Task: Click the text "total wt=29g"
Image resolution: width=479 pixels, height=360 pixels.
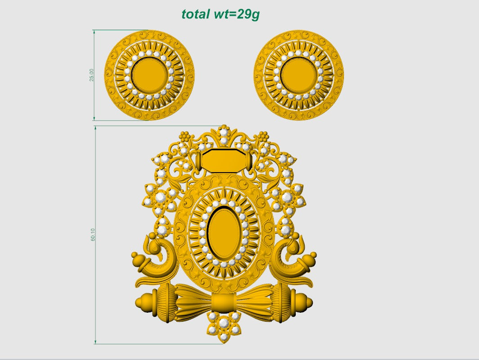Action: (x=221, y=14)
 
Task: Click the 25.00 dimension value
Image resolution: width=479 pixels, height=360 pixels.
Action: (x=92, y=75)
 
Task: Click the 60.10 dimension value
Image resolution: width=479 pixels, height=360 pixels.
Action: (x=93, y=235)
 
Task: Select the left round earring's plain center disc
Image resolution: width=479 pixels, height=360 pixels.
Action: (x=149, y=75)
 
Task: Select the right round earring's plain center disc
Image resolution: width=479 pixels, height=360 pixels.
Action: (x=299, y=75)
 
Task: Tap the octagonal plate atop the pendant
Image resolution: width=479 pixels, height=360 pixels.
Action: (x=224, y=160)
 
